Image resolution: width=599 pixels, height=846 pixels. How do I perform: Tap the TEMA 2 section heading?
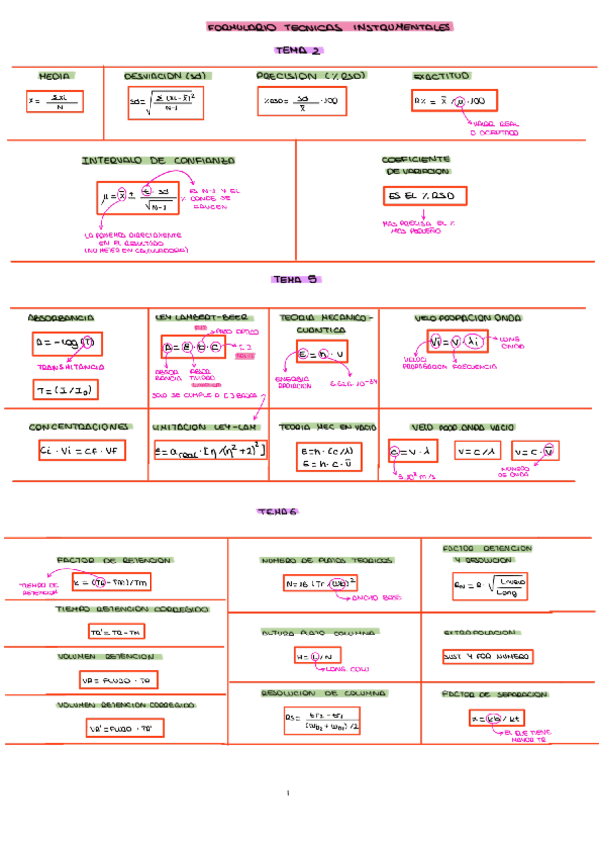click(x=298, y=50)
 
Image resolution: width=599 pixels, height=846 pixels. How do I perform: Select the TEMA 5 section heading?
click(x=294, y=280)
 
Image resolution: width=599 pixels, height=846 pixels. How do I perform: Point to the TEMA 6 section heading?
click(x=280, y=512)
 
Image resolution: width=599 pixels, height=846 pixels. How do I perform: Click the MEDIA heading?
click(x=54, y=76)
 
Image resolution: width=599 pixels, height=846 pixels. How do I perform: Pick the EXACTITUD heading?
click(x=442, y=76)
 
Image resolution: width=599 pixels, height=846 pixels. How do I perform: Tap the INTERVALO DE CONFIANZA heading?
click(x=158, y=160)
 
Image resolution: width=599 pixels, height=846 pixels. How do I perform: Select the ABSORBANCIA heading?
click(x=61, y=317)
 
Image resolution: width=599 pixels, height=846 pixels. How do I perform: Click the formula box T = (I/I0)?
click(x=62, y=390)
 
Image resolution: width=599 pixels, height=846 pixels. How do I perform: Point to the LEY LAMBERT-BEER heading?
click(x=202, y=317)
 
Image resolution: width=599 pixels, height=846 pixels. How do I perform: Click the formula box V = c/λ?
click(x=476, y=451)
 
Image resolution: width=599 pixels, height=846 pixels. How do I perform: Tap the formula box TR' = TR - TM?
click(x=117, y=632)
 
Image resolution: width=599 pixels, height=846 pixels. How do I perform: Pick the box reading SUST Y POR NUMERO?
click(x=487, y=656)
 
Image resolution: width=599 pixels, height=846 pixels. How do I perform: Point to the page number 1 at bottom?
click(x=287, y=794)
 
